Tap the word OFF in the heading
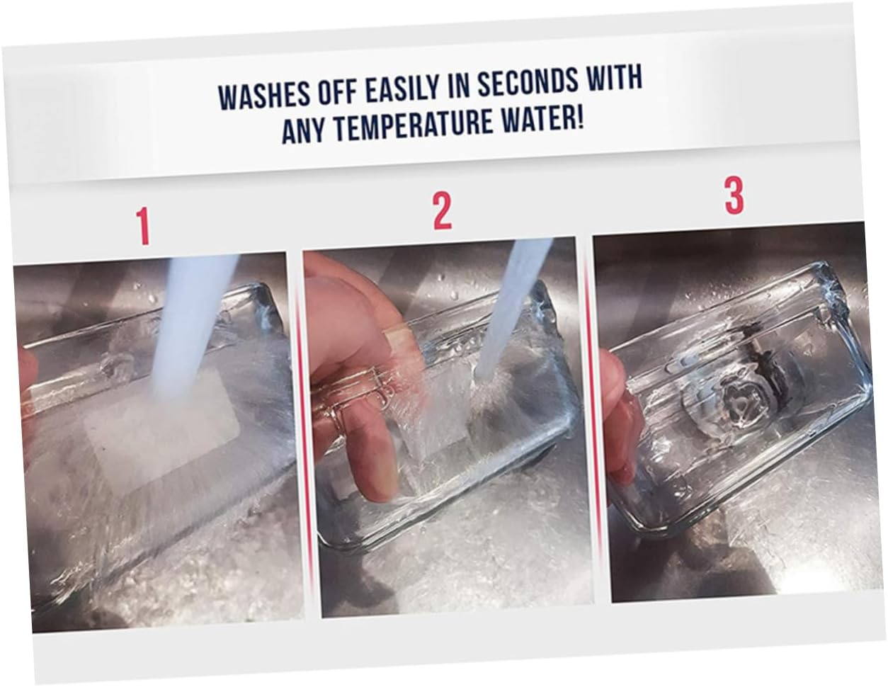coord(338,92)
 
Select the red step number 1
coord(143,226)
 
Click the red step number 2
coord(443,211)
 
